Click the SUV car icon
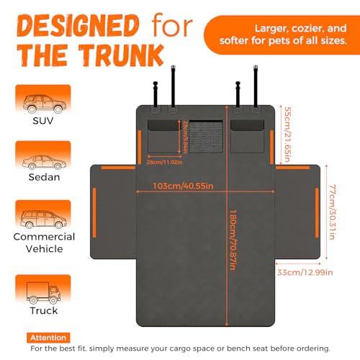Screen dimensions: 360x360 click(45, 104)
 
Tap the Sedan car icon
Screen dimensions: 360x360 click(44, 162)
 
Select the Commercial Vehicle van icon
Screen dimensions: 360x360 click(44, 219)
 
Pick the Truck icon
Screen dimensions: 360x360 click(43, 293)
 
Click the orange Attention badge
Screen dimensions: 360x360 click(48, 338)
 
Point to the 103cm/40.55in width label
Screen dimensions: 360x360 click(183, 186)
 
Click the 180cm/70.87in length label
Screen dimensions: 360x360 click(233, 240)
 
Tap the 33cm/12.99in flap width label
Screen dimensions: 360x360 click(305, 272)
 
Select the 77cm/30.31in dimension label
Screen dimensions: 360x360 click(332, 212)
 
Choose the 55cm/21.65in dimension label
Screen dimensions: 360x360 click(287, 134)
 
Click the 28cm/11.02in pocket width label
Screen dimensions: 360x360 click(165, 162)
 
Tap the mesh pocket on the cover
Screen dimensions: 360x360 click(206, 137)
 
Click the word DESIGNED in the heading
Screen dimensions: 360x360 click(78, 26)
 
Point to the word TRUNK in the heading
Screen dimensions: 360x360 click(122, 55)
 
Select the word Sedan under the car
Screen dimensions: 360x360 click(44, 177)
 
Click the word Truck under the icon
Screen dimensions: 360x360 click(44, 310)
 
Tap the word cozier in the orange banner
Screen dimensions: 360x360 click(307, 29)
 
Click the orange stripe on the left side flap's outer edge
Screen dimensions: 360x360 click(94, 212)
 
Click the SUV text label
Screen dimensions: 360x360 click(43, 121)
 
